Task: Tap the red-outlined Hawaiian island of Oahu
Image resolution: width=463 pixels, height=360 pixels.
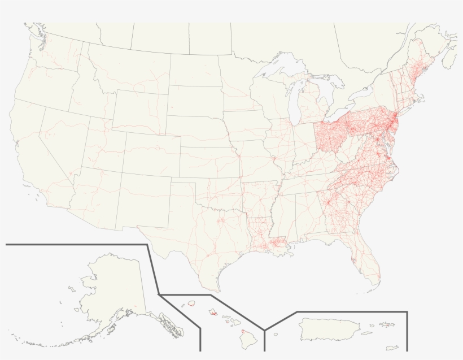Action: click(213, 311)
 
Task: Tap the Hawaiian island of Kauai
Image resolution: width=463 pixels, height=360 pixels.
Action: click(191, 303)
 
